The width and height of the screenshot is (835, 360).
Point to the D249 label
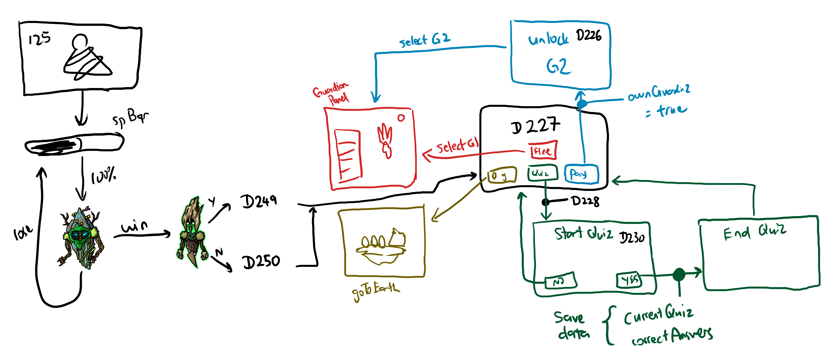point(259,201)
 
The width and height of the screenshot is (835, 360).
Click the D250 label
point(261,261)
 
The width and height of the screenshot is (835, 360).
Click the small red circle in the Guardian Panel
point(401,118)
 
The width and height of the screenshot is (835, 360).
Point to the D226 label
point(589,35)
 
